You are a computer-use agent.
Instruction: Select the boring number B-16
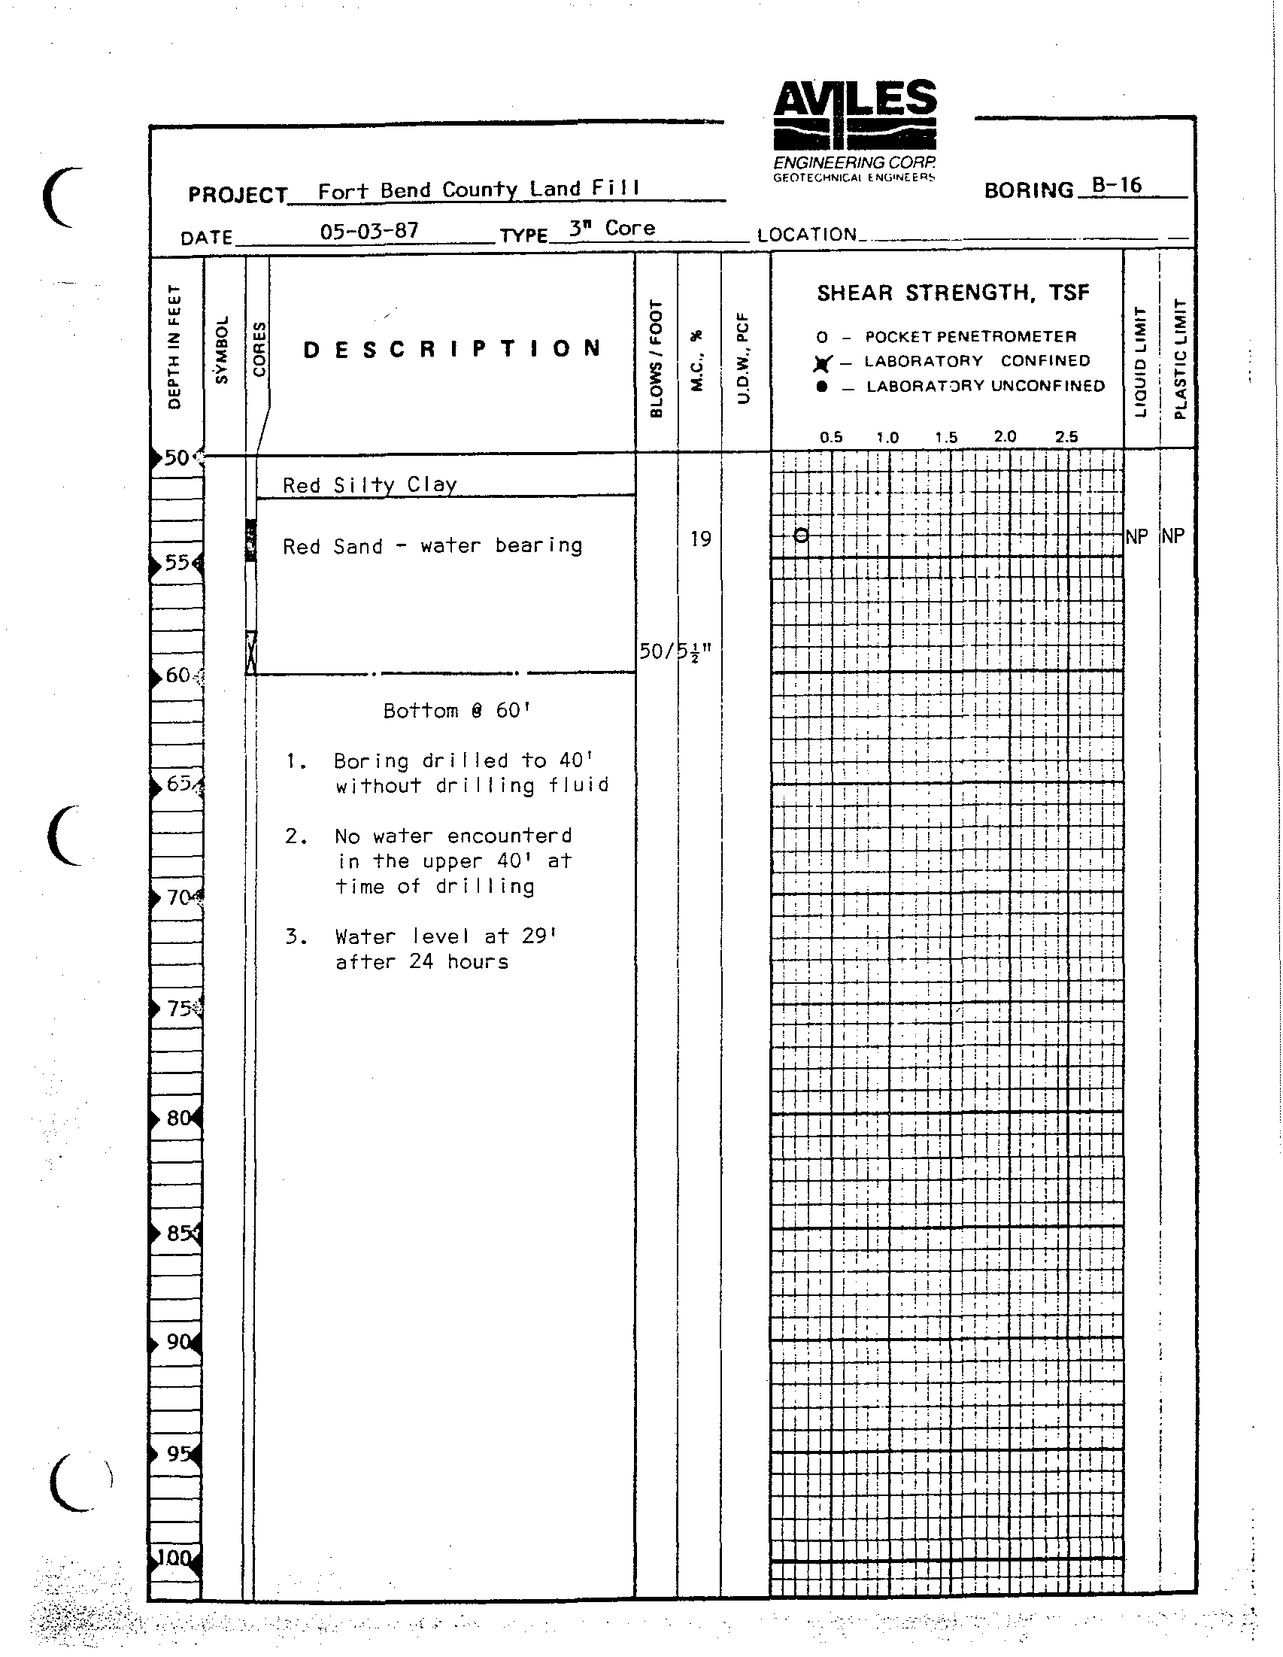click(1116, 185)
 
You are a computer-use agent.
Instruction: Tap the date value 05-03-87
click(369, 231)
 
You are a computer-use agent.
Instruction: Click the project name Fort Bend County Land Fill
click(478, 189)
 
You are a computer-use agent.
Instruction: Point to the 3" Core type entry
click(611, 228)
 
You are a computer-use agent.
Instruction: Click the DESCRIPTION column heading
click(452, 349)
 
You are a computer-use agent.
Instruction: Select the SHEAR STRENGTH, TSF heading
click(953, 293)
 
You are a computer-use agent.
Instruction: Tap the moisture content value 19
click(700, 539)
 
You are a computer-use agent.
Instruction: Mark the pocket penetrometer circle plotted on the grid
click(801, 536)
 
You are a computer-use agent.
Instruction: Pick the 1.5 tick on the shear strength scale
click(946, 437)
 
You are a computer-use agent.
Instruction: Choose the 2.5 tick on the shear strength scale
click(1066, 436)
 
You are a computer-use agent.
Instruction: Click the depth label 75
click(179, 1009)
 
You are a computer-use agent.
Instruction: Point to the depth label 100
click(174, 1558)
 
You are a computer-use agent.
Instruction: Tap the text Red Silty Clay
click(369, 484)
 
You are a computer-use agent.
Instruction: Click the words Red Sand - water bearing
click(432, 545)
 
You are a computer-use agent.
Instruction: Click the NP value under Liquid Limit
click(1136, 536)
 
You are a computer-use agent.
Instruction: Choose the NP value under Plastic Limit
click(1173, 536)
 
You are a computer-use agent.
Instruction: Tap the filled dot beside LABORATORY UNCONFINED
click(822, 387)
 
